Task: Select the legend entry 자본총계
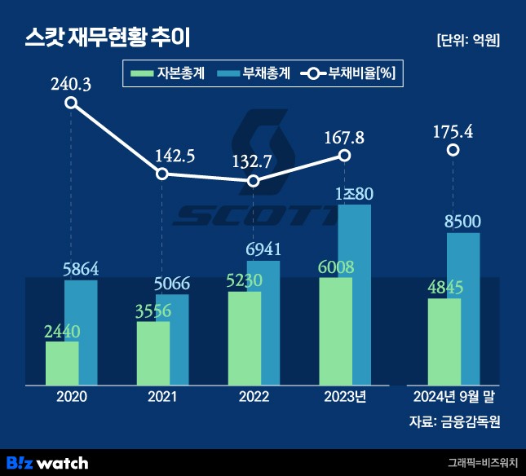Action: coord(168,74)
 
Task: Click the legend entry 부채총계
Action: coord(255,74)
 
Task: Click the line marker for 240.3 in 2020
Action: coord(71,103)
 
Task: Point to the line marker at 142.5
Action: coord(162,174)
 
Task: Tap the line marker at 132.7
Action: coord(254,181)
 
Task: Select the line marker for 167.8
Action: coord(344,155)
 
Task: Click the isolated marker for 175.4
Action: coord(453,150)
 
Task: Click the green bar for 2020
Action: coord(62,363)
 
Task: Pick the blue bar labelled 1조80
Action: coord(354,293)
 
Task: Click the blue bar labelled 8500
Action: coord(463,308)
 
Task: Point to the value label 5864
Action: coord(81,268)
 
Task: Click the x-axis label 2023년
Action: coord(345,397)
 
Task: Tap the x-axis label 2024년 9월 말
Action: coord(454,397)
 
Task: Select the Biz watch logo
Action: coord(47,462)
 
